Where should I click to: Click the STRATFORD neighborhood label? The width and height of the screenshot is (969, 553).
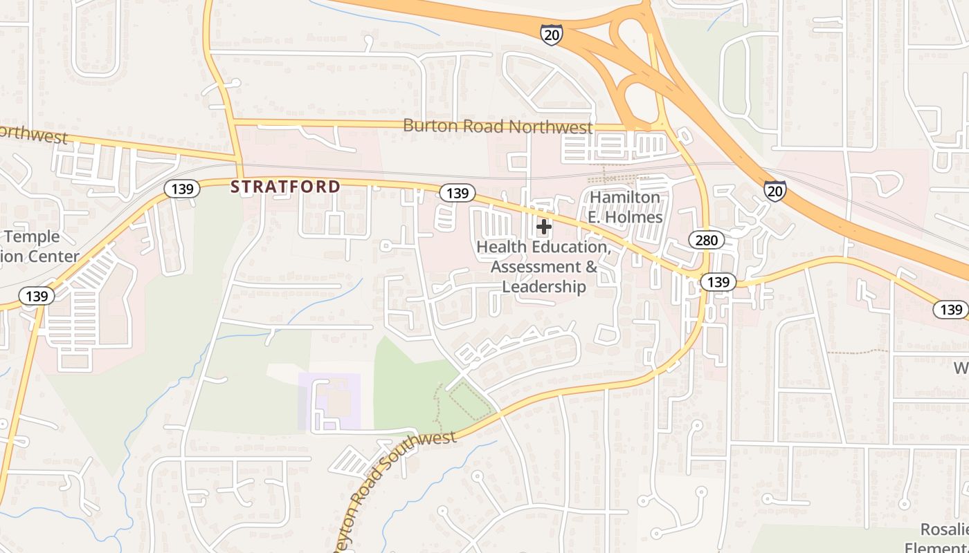(285, 187)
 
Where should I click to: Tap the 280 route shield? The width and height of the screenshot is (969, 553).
(706, 240)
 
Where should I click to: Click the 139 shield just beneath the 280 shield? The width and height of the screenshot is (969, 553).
(718, 282)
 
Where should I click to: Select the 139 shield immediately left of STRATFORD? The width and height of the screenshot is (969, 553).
(182, 189)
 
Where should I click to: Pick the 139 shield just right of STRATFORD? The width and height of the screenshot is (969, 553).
(457, 193)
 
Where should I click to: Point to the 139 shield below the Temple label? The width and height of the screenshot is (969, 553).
(36, 297)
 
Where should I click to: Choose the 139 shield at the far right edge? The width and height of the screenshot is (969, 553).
(950, 309)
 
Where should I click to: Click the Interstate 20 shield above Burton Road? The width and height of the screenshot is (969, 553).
(552, 35)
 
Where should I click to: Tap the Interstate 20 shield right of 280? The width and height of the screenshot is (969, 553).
(775, 191)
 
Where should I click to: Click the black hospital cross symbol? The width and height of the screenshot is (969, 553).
(544, 226)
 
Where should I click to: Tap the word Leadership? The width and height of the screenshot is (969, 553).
(544, 286)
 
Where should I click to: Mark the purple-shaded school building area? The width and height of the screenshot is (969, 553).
(330, 401)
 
